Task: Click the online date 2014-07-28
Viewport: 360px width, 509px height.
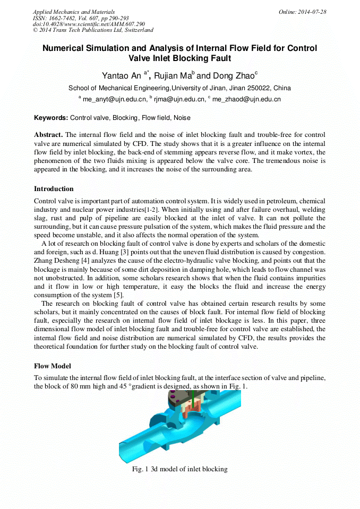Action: (312, 12)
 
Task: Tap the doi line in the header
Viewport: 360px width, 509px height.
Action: (89, 24)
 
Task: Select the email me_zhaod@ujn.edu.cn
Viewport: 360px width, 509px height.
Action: (246, 99)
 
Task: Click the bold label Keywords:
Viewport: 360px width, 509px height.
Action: (51, 118)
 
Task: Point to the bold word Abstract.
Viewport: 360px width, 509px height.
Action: (48, 135)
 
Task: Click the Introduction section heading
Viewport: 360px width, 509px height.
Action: (54, 189)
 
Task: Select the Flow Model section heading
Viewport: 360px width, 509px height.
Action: (52, 366)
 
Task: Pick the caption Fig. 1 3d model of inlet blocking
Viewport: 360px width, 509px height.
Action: (179, 469)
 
